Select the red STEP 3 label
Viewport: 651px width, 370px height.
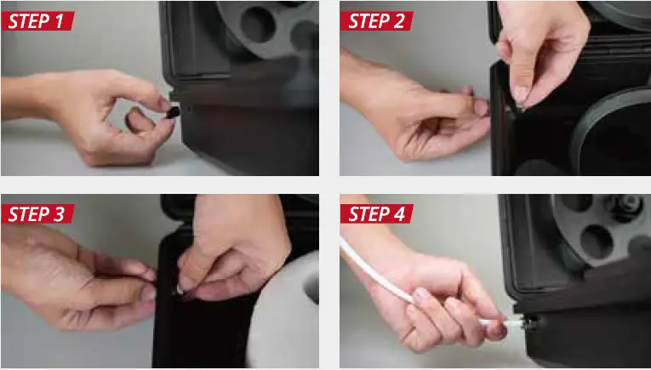click(38, 213)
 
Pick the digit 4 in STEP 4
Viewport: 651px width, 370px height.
click(403, 213)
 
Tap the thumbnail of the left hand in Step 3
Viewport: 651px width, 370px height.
click(148, 292)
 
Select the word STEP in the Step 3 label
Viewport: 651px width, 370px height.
click(30, 213)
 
